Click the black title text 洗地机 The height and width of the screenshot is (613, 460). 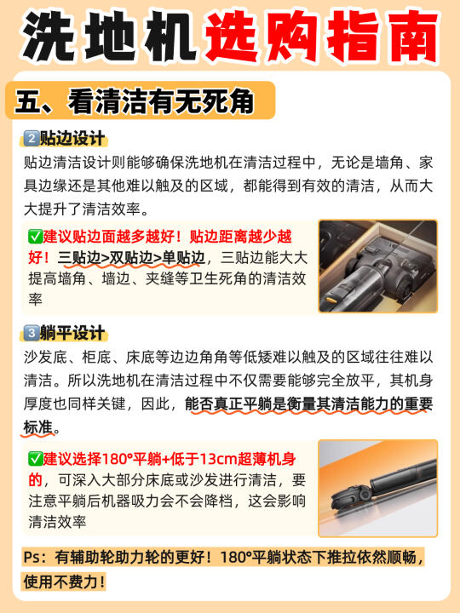coord(108,36)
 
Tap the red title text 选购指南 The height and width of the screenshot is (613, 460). coord(321,36)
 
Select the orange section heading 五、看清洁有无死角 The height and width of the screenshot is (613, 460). coord(134,100)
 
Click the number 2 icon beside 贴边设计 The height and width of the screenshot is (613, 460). coord(31,139)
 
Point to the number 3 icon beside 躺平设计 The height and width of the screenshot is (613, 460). coord(31,333)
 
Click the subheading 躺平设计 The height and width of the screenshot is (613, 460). coord(72,333)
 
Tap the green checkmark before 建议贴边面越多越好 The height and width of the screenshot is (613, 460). coord(35,236)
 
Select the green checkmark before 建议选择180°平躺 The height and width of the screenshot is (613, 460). coord(35,458)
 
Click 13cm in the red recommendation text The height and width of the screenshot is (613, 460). coord(218,459)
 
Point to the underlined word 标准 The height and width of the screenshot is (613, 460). coord(38,427)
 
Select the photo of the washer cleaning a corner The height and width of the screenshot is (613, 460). coord(378,266)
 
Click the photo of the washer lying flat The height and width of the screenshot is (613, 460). coord(378,489)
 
